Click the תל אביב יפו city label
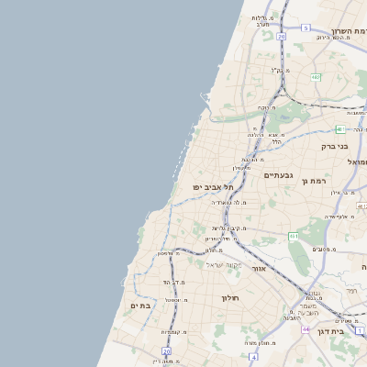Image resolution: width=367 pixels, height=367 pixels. [x=214, y=187]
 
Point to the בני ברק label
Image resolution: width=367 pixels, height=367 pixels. [x=335, y=146]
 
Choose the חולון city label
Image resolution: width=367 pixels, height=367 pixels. [x=229, y=297]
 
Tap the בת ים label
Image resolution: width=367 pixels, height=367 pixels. [x=139, y=306]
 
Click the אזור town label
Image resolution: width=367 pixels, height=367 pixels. [x=259, y=270]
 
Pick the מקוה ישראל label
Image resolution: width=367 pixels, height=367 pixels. [x=220, y=264]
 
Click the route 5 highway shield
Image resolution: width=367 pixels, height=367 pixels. [x=306, y=28]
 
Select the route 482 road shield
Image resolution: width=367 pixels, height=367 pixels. [x=315, y=77]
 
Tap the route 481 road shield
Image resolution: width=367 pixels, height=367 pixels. [x=339, y=129]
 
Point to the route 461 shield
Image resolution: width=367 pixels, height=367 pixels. [x=294, y=237]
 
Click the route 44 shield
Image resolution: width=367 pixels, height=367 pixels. [x=306, y=328]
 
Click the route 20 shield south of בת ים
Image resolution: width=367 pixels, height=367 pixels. [x=166, y=350]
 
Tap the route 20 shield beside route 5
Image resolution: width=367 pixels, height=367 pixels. [x=279, y=36]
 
